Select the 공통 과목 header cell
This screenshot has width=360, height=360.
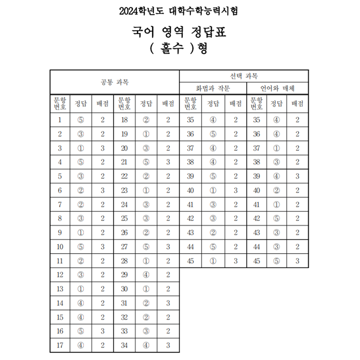114,82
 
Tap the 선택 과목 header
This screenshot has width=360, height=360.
244,76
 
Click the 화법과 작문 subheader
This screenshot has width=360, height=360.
213,88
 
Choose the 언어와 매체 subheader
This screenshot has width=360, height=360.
278,88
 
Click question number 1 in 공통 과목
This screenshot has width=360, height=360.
60,120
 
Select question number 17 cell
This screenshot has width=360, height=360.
60,345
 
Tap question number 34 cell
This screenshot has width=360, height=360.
124,345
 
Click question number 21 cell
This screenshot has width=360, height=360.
124,162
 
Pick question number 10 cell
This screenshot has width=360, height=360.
60,247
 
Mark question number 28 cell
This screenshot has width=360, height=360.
124,261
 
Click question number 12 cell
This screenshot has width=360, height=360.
60,275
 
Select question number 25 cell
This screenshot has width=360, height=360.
124,219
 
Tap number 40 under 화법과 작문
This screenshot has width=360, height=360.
190,190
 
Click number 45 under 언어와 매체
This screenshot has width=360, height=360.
256,261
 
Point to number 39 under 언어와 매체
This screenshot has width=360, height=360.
256,176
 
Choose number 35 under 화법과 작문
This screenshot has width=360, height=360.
190,120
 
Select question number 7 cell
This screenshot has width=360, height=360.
60,204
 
